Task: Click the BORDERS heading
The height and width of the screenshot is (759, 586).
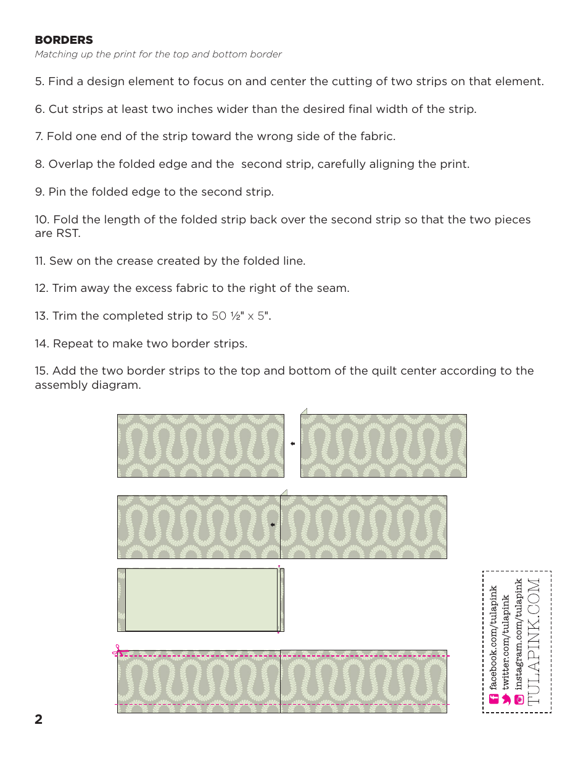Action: (x=64, y=40)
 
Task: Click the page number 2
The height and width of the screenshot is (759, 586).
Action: (x=39, y=720)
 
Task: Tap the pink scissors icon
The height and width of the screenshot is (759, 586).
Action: (x=120, y=650)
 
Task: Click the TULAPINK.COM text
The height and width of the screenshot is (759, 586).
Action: (x=534, y=641)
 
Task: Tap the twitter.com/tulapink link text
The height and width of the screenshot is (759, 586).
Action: (x=506, y=642)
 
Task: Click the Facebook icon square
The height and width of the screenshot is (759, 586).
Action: (x=493, y=699)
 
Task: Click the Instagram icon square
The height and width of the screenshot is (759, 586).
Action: (x=519, y=699)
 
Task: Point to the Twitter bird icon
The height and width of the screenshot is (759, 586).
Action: (x=506, y=699)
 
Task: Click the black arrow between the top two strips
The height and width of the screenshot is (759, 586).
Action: (x=292, y=444)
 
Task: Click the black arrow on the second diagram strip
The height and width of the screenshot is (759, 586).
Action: (x=272, y=525)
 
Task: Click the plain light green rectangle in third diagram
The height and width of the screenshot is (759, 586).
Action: (x=201, y=600)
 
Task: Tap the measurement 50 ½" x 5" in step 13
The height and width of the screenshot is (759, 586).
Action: (x=241, y=316)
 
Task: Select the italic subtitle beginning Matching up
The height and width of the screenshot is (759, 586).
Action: (x=158, y=54)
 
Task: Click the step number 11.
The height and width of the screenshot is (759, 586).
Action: (x=40, y=261)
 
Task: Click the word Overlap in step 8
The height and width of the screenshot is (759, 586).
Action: (x=70, y=164)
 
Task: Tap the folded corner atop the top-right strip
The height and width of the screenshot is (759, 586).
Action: (x=303, y=411)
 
